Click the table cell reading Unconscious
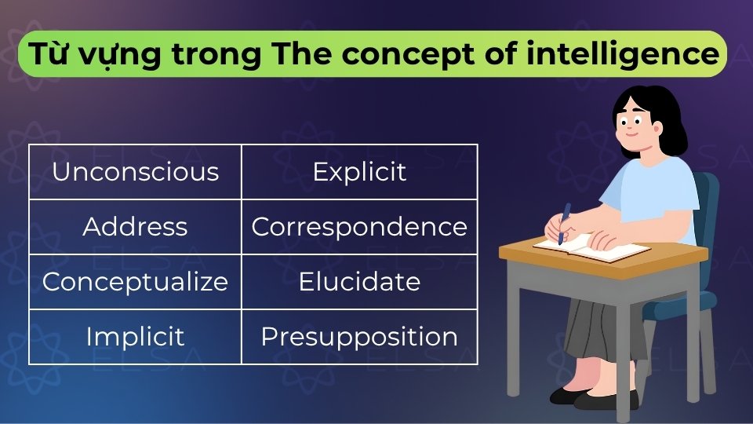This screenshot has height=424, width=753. click(x=135, y=172)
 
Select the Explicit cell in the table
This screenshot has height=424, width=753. click(x=359, y=172)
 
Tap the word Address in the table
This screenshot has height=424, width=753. click(x=135, y=227)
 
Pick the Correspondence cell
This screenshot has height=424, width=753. click(x=359, y=227)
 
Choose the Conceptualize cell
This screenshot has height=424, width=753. click(x=135, y=282)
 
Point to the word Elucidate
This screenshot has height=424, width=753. click(x=359, y=282)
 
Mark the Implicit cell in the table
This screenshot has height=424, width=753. click(x=135, y=337)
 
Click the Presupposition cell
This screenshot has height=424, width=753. click(x=359, y=337)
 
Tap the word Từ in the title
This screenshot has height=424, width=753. click(x=46, y=54)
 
